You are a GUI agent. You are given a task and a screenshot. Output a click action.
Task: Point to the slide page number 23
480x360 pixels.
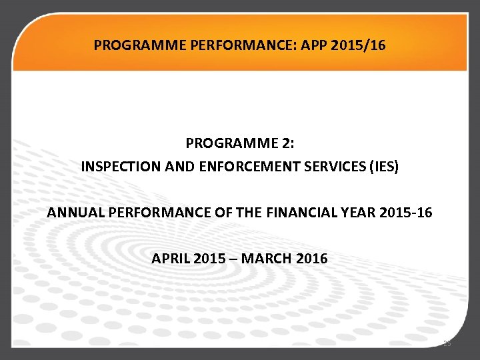pyautogui.click(x=447, y=344)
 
